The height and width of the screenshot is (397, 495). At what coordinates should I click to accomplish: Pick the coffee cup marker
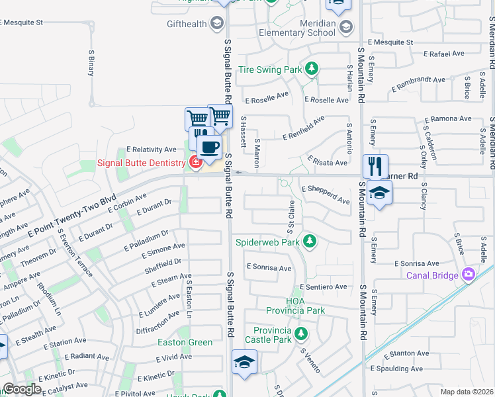(x=210, y=148)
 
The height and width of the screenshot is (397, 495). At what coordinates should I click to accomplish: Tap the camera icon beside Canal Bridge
(x=469, y=273)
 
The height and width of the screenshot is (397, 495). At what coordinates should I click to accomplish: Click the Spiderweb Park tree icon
(x=309, y=242)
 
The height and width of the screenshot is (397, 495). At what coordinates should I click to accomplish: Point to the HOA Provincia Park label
(x=295, y=306)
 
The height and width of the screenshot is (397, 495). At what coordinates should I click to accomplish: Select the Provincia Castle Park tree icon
(x=301, y=333)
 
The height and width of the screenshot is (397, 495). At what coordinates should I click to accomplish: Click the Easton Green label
(x=185, y=342)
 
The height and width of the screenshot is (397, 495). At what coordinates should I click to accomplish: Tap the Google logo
(x=22, y=389)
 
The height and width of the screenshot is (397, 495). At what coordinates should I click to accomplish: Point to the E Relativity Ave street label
(x=152, y=150)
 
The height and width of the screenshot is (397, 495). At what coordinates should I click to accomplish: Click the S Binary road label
(x=91, y=64)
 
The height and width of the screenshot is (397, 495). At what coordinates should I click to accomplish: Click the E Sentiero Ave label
(x=323, y=287)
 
